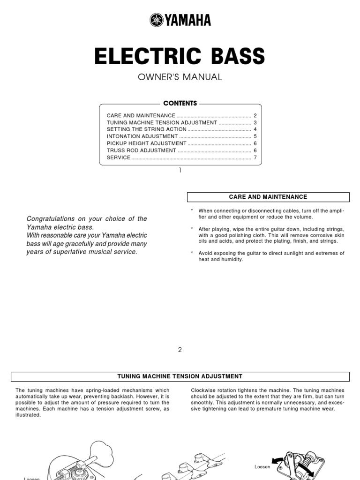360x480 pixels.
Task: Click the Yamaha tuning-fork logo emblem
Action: [x=157, y=20]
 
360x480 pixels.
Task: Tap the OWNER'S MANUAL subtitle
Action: [x=180, y=77]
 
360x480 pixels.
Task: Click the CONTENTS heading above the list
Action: [x=180, y=103]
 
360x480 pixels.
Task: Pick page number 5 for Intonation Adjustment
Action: [x=255, y=136]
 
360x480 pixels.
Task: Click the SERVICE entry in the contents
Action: [x=119, y=157]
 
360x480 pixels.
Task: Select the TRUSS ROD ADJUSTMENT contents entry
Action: [x=142, y=150]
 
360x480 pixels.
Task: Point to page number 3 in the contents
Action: [x=255, y=122]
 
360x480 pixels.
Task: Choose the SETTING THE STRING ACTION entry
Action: [x=147, y=129]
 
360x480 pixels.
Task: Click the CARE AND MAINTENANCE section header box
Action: [x=268, y=197]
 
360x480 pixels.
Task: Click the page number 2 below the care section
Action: [x=180, y=350]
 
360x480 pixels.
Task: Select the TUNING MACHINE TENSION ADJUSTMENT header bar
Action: [x=180, y=376]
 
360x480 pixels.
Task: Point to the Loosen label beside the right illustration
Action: [x=262, y=467]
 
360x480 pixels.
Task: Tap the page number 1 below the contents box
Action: [x=180, y=171]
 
